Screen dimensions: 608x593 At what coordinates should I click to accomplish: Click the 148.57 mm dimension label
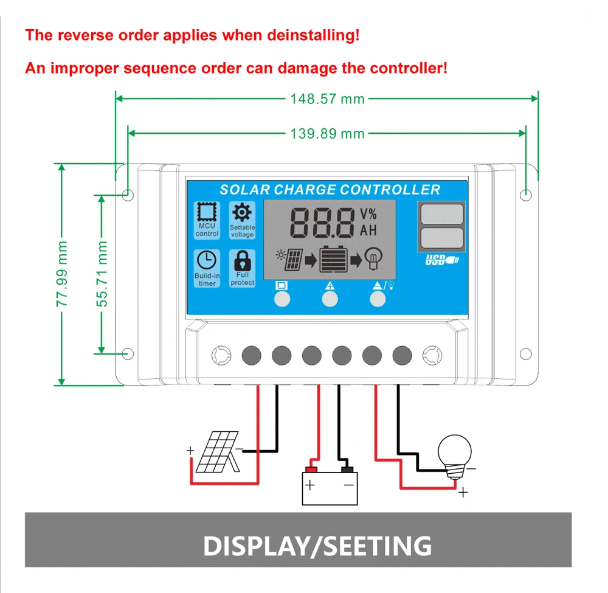tap(327, 99)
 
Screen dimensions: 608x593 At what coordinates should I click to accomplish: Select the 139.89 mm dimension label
tap(327, 134)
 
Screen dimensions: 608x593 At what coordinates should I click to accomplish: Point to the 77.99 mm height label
tap(62, 274)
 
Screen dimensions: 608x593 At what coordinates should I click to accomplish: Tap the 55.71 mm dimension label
tap(102, 274)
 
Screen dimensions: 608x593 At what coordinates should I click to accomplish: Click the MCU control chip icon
tap(207, 212)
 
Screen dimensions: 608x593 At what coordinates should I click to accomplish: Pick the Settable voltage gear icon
tap(242, 212)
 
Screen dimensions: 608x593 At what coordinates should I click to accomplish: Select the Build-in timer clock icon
tap(207, 260)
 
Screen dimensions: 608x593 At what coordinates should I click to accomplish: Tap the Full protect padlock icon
tap(243, 260)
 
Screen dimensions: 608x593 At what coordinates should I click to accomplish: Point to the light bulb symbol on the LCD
tap(373, 258)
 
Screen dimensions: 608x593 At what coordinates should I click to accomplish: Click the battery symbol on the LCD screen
tap(333, 258)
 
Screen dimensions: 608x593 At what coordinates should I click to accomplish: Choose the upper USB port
tap(441, 214)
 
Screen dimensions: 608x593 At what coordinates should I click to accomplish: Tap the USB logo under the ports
tap(442, 260)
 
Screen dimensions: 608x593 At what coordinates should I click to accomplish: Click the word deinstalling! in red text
tap(313, 35)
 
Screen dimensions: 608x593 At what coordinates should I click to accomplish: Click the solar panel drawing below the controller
tap(218, 452)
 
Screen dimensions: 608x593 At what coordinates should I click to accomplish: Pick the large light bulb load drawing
tap(455, 456)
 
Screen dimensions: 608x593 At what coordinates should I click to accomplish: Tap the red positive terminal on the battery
tap(311, 470)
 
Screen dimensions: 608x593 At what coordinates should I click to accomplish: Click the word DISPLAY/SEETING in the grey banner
tap(317, 546)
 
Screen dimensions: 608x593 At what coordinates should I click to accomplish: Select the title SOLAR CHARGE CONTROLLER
tap(330, 190)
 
